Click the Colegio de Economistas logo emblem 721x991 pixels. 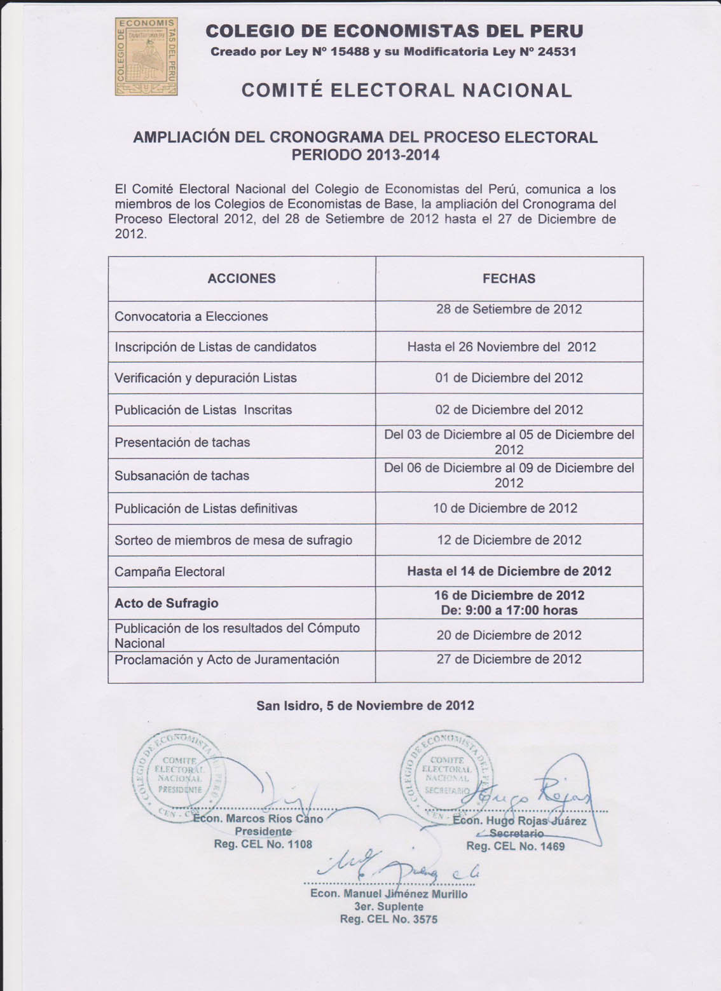(x=146, y=57)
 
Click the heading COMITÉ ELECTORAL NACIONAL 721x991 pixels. (x=407, y=90)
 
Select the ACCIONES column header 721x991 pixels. (x=242, y=278)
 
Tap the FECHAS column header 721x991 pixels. (x=509, y=278)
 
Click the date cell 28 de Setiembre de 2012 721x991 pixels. (x=509, y=310)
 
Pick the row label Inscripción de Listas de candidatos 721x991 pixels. (x=216, y=347)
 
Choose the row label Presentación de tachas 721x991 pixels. (x=182, y=442)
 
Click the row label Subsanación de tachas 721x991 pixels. (x=182, y=475)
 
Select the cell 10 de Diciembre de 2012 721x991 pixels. (x=507, y=508)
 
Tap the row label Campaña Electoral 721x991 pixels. (x=170, y=571)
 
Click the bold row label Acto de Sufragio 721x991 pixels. (x=167, y=603)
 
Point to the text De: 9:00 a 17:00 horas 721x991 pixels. (x=509, y=610)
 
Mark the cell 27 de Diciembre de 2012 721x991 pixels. (x=509, y=659)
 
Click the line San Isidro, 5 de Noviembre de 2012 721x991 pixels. (x=365, y=705)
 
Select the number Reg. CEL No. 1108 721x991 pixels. (x=263, y=844)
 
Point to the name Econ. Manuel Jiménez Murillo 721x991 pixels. (x=388, y=894)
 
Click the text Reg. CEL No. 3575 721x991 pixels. (x=388, y=919)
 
